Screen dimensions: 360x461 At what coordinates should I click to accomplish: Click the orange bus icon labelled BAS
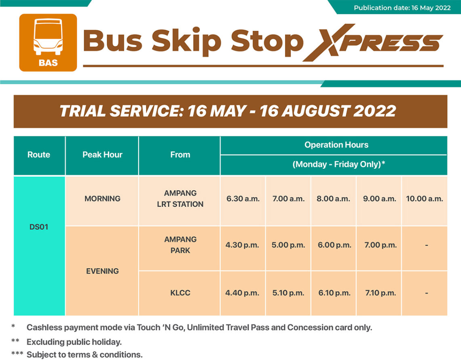click(x=48, y=42)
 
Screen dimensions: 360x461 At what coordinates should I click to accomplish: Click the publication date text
click(x=402, y=8)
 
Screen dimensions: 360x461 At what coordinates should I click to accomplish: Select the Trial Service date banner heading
click(x=230, y=111)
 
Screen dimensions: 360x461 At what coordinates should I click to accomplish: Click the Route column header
click(x=39, y=155)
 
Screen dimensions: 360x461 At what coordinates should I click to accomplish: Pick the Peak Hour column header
click(x=102, y=155)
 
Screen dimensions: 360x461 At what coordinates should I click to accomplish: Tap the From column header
click(x=180, y=155)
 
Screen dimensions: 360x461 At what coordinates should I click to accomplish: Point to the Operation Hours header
click(x=336, y=144)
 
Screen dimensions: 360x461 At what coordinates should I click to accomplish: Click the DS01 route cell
click(x=39, y=227)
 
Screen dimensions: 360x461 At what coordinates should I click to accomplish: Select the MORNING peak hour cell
click(x=102, y=199)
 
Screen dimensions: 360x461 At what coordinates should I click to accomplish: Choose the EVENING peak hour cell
click(x=102, y=271)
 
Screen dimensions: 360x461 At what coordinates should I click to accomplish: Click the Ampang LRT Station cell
click(x=180, y=199)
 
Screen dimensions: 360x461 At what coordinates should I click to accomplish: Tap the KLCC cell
click(x=180, y=293)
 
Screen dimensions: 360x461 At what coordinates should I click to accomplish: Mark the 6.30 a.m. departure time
click(x=243, y=199)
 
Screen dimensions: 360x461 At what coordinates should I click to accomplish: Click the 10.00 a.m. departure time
click(x=425, y=199)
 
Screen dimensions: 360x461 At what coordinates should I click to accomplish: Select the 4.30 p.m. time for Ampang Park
click(x=242, y=245)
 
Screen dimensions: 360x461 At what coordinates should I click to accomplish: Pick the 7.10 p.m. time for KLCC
click(x=380, y=293)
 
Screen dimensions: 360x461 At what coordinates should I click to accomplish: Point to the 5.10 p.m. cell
click(x=288, y=293)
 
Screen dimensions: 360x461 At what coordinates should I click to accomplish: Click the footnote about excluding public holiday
click(x=74, y=342)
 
